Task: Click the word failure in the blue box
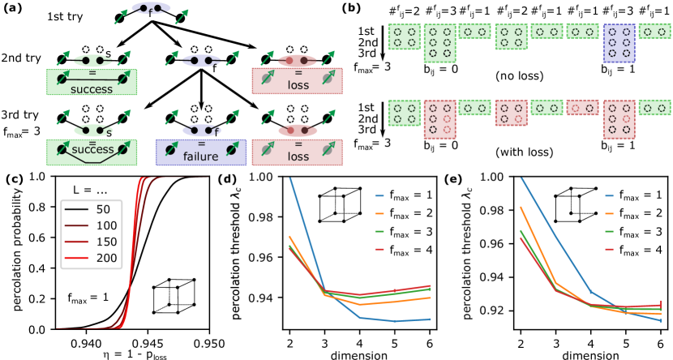pyautogui.click(x=201, y=156)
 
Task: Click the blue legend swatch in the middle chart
pyautogui.click(x=379, y=195)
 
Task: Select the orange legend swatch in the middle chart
pyautogui.click(x=379, y=213)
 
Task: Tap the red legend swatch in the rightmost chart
pyautogui.click(x=609, y=249)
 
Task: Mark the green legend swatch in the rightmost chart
pyautogui.click(x=609, y=231)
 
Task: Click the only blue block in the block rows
pyautogui.click(x=619, y=42)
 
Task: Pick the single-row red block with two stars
pyautogui.click(x=582, y=108)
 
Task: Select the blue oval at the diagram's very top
pyautogui.click(x=151, y=8)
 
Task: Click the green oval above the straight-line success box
pyautogui.click(x=92, y=60)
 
